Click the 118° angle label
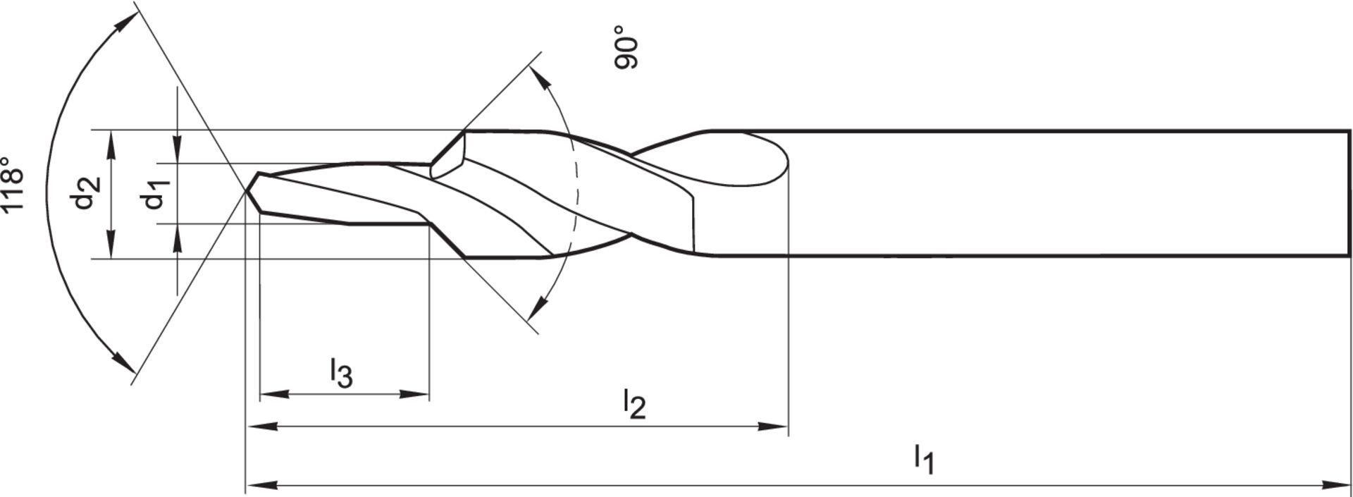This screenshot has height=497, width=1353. (14, 183)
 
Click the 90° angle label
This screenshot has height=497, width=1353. (626, 47)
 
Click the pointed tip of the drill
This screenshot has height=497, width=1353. (247, 190)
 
